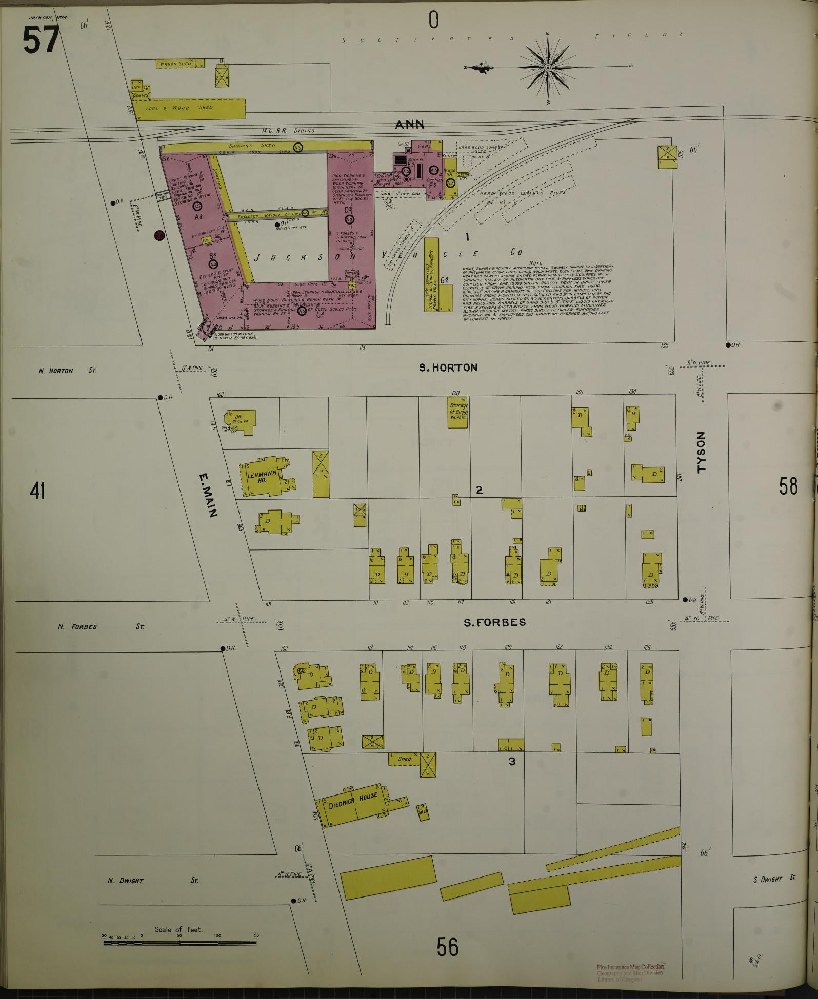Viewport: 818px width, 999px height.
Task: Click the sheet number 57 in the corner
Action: (41, 40)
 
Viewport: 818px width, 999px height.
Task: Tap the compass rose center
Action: (548, 68)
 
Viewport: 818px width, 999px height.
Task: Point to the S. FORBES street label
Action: (494, 622)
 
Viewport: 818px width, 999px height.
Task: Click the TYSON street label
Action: (701, 452)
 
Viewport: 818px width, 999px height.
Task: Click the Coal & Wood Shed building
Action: (190, 108)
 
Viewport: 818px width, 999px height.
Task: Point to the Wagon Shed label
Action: (175, 64)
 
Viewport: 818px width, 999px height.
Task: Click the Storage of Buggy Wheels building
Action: (457, 411)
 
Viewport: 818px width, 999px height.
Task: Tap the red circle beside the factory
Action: (159, 236)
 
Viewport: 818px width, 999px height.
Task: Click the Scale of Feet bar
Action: (179, 943)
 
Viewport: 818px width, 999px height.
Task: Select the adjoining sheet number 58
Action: (788, 486)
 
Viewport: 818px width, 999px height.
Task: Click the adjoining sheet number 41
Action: (37, 491)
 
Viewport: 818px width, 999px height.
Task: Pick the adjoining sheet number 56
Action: (447, 947)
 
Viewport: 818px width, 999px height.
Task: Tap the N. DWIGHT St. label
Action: (126, 881)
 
